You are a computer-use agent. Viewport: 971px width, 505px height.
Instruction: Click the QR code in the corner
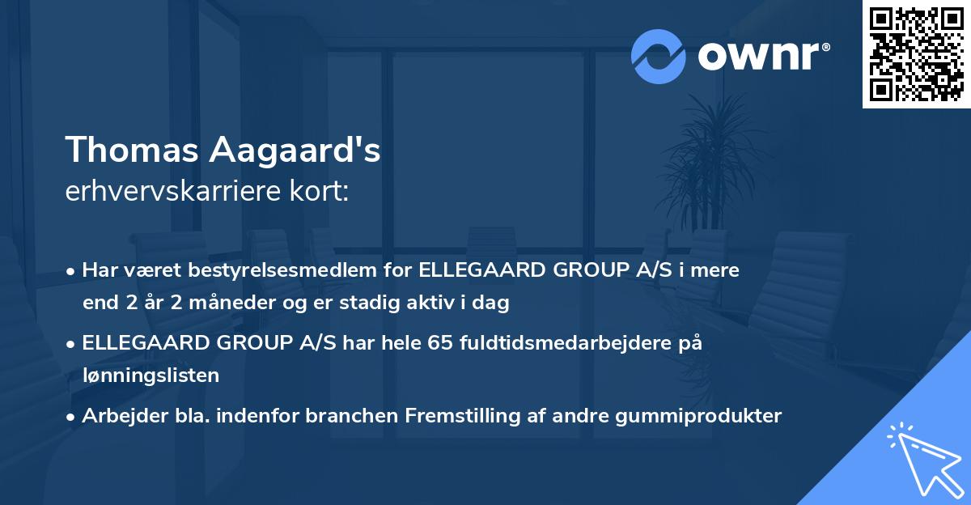[x=917, y=54]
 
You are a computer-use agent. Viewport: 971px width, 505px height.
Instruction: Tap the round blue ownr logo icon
[x=659, y=56]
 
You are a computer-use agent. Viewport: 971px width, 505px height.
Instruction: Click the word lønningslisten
[x=151, y=375]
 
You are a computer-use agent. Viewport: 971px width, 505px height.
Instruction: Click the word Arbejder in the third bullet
[x=118, y=416]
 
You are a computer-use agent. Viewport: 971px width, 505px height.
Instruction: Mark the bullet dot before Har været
[x=72, y=271]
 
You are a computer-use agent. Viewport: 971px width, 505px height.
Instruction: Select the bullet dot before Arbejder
[x=72, y=417]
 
